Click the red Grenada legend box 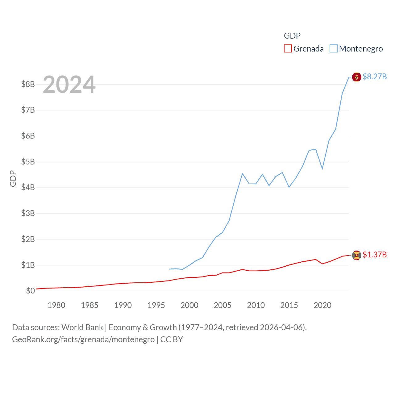[288, 49]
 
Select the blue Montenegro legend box [333, 49]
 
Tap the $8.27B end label [374, 77]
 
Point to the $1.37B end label [374, 255]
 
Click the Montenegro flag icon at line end [356, 77]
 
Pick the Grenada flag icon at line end [356, 255]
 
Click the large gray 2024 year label [69, 85]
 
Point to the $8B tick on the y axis [28, 84]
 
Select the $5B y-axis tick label [28, 162]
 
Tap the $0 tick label [30, 291]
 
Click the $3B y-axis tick [28, 213]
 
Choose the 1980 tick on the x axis [56, 305]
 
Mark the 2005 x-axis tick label [222, 305]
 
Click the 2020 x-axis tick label [322, 305]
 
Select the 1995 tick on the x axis [156, 305]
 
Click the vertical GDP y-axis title [13, 178]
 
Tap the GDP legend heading [292, 36]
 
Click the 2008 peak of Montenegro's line [243, 173]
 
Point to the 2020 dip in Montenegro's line [322, 169]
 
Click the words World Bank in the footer [82, 327]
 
